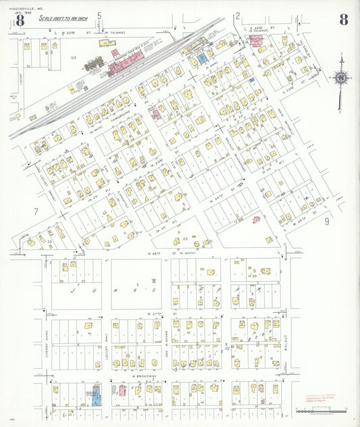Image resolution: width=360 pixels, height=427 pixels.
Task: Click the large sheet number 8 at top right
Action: click(343, 20)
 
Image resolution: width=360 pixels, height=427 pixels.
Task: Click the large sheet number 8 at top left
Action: click(20, 20)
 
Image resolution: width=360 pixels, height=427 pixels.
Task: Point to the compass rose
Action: click(341, 78)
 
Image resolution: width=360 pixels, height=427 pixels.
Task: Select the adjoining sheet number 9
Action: click(326, 220)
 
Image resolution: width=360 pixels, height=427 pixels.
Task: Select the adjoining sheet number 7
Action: click(35, 211)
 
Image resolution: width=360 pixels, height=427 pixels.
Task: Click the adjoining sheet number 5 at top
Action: click(99, 15)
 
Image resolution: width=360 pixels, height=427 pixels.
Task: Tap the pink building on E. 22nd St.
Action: click(257, 41)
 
